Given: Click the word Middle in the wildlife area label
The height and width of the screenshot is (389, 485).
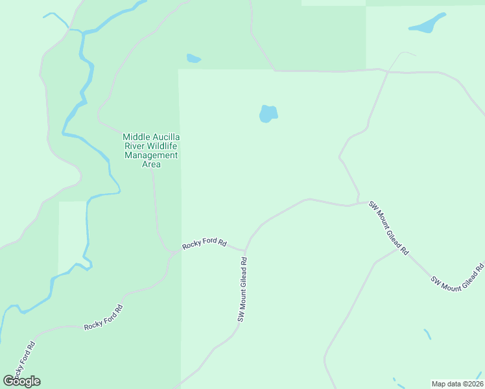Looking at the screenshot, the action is tap(136, 137).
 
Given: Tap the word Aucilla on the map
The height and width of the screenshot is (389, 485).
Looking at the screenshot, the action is tap(165, 137).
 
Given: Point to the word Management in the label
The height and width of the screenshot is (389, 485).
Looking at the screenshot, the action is tap(151, 156).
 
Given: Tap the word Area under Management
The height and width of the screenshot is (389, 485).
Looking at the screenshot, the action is tap(151, 165).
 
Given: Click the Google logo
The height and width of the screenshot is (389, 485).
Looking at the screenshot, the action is tap(22, 381).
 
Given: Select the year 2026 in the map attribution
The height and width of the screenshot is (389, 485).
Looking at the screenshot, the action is tap(474, 384).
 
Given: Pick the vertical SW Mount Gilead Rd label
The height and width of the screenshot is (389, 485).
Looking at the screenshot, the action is tap(242, 290).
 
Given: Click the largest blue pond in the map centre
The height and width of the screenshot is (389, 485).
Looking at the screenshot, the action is tap(268, 114).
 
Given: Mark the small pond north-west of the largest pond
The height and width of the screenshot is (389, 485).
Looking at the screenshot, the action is tap(193, 58).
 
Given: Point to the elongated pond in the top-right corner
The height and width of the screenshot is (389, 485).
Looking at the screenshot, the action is tap(427, 24).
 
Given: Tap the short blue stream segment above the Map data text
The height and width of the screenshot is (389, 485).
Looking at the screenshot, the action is tap(427, 334).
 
